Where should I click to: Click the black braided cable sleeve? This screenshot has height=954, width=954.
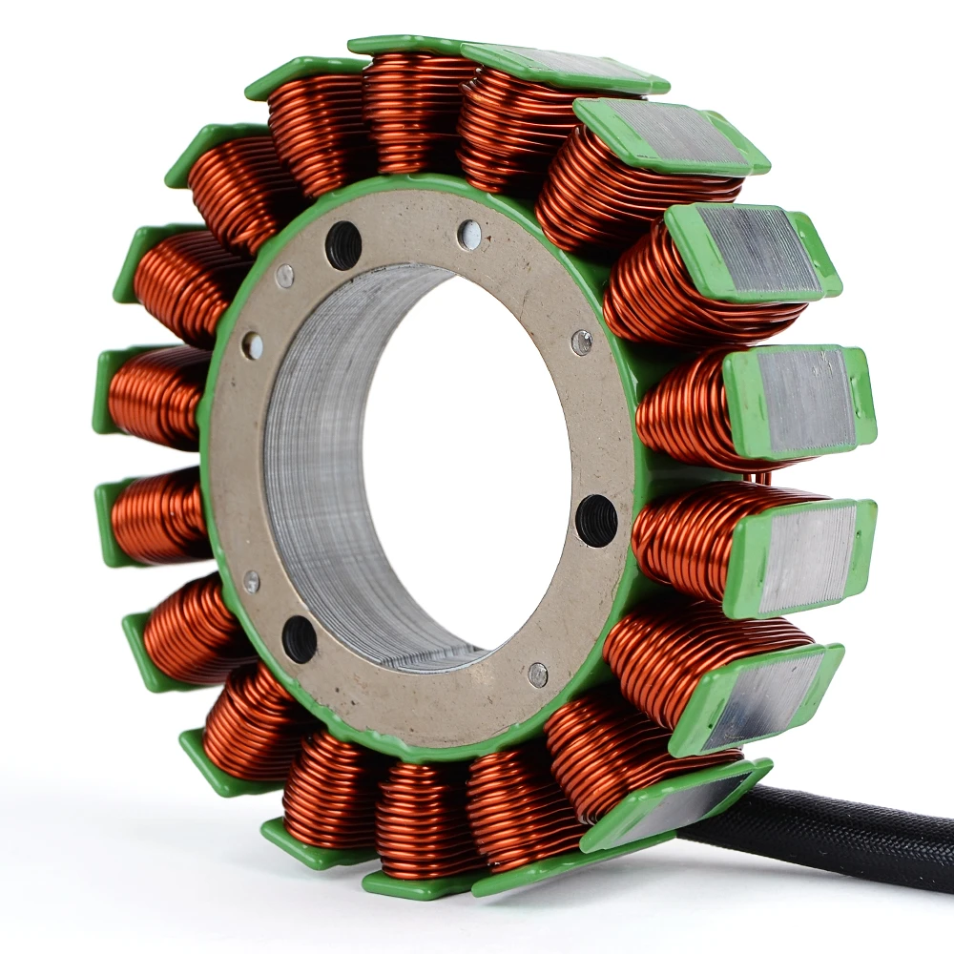coord(840,840)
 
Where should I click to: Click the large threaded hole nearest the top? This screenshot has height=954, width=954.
coord(343,245)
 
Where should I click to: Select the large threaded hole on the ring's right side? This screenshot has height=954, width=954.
coord(596,521)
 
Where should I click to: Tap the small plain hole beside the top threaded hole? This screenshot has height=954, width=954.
coord(468,235)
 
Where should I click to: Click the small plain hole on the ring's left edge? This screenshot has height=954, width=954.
coord(252,345)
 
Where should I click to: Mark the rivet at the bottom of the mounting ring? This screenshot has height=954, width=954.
coord(538,674)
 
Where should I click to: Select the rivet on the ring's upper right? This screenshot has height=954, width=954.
coord(581,342)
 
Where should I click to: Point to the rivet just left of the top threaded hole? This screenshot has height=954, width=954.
coord(284,276)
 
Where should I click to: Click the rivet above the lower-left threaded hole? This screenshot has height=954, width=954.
coord(251,581)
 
